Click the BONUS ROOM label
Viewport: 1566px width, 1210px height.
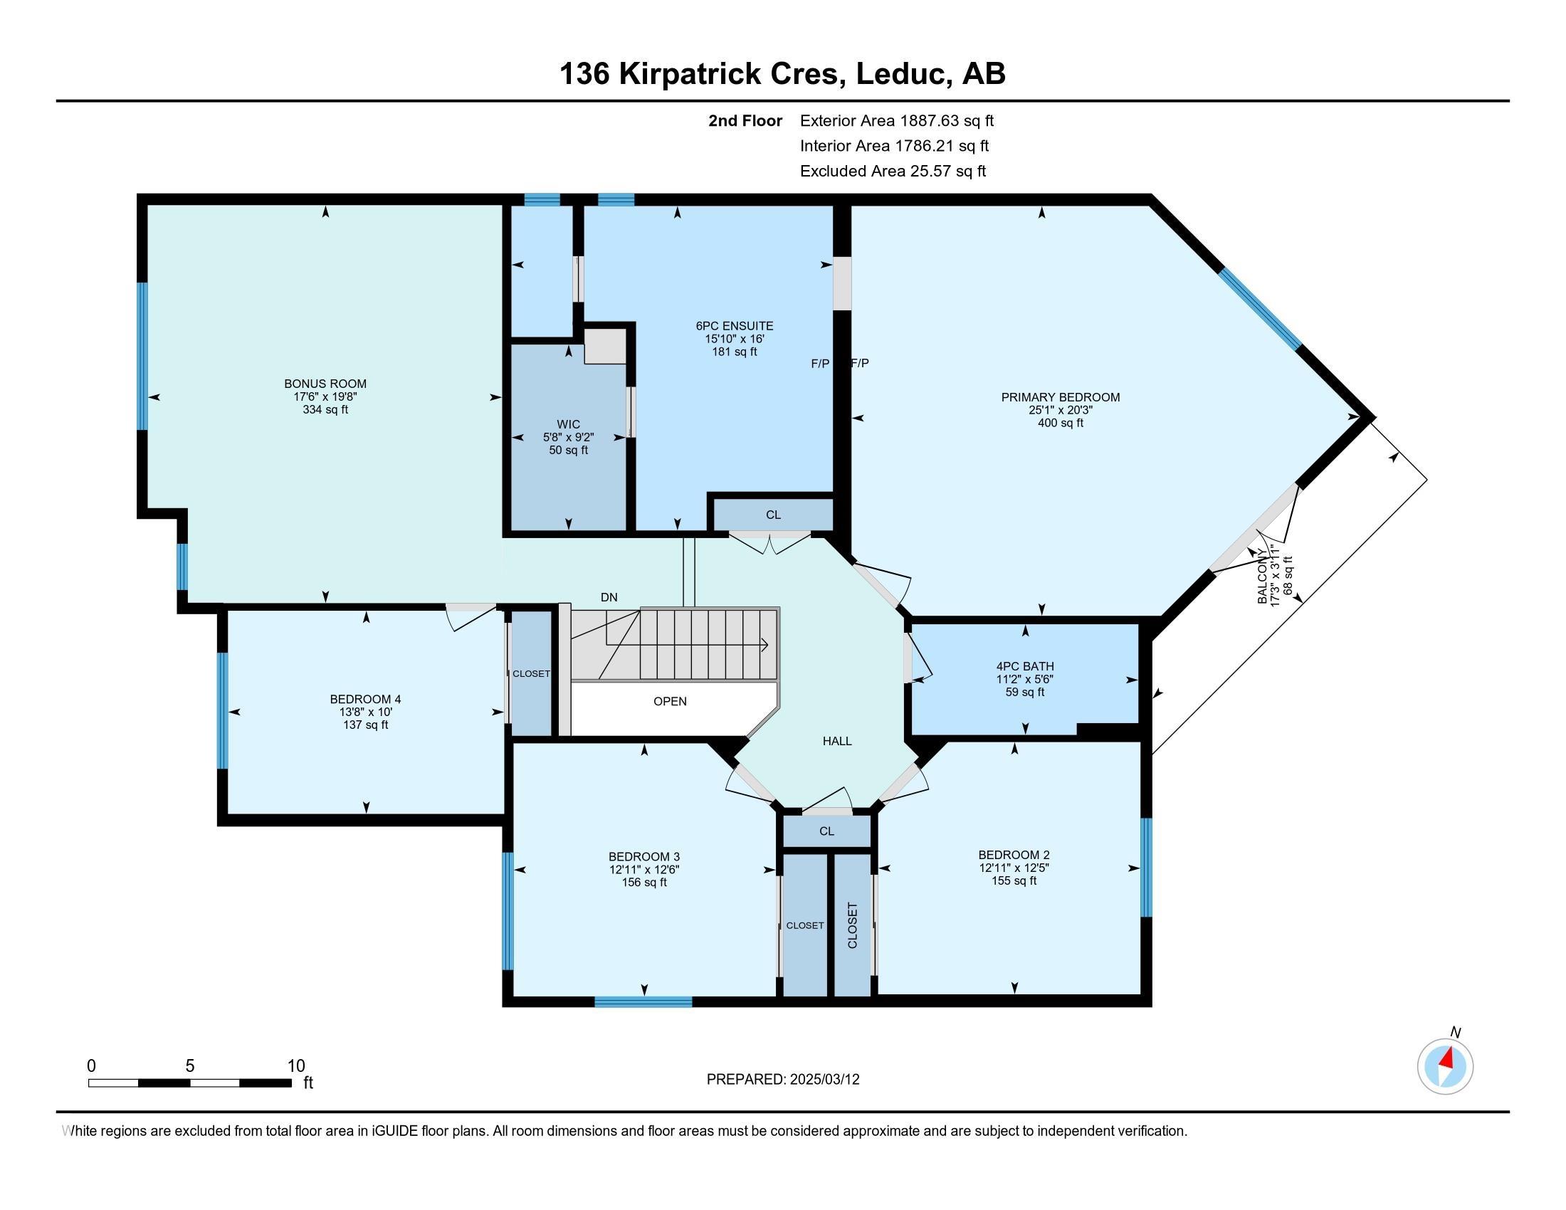coord(325,384)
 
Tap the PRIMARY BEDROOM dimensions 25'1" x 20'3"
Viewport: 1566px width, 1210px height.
coord(1060,410)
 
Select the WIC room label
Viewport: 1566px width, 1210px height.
coord(568,424)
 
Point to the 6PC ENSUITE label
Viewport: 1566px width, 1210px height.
coord(729,326)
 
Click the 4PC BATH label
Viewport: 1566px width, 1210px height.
coord(1024,666)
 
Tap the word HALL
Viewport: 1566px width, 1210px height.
coord(837,741)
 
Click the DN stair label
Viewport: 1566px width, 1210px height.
coord(609,597)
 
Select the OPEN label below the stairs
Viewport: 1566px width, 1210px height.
coord(670,701)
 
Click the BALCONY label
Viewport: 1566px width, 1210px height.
coord(1263,577)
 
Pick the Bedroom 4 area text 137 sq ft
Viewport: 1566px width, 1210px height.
coord(366,725)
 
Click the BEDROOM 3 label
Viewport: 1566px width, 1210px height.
coord(644,856)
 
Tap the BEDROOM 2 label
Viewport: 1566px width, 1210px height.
coord(1014,854)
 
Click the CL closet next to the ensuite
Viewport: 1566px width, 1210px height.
coord(773,515)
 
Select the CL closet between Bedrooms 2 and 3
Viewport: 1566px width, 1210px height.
coord(826,831)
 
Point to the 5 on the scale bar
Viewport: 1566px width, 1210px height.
coord(190,1066)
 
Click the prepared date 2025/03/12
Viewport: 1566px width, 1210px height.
coord(824,1080)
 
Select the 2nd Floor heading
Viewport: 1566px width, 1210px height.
coord(745,121)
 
